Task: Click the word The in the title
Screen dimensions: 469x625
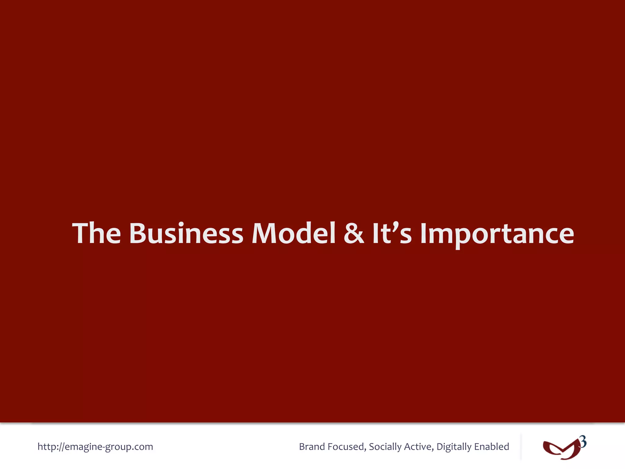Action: coord(96,233)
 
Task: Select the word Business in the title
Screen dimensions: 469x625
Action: coord(186,233)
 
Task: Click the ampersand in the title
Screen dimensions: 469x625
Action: coord(354,233)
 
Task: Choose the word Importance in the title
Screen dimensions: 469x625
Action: coord(497,234)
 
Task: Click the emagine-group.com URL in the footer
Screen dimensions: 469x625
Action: coord(95,447)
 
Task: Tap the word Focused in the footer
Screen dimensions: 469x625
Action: coord(347,447)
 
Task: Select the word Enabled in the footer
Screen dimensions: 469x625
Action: coord(492,447)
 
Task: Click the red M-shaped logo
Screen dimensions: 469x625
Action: coord(562,449)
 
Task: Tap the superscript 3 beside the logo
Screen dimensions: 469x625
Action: coord(583,442)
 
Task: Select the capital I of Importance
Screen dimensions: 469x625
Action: coord(424,233)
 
